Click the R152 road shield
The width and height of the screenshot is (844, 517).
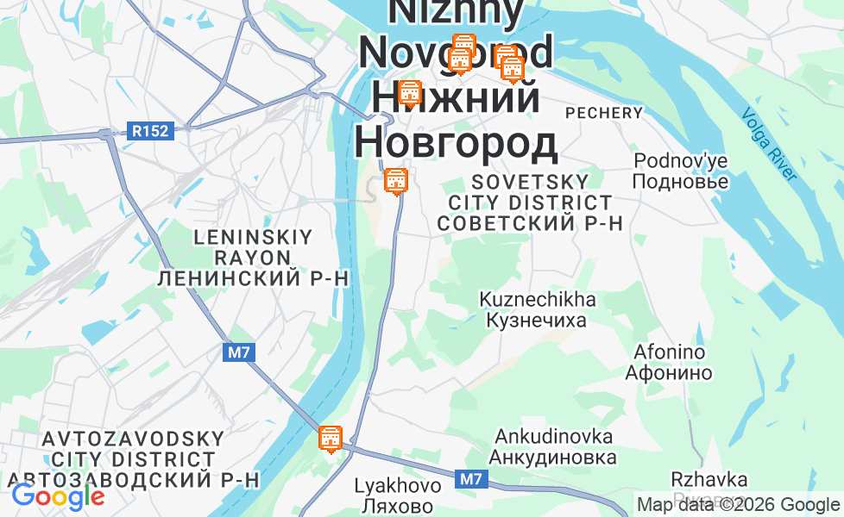click(x=152, y=132)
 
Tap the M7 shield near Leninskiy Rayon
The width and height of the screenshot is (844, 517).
click(x=238, y=352)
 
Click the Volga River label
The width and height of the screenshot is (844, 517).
click(x=769, y=144)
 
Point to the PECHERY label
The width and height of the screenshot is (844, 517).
click(x=604, y=113)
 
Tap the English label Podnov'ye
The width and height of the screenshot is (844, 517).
click(x=681, y=161)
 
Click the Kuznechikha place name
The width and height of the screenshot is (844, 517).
click(x=538, y=300)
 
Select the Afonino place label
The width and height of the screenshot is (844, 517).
click(x=669, y=352)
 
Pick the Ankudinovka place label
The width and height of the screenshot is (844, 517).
click(x=554, y=436)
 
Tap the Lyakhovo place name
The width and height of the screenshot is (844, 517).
click(x=398, y=486)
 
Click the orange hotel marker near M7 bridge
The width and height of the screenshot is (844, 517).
click(x=330, y=439)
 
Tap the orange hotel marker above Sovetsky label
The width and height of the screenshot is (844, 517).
click(x=395, y=182)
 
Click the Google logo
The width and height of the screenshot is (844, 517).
click(x=58, y=496)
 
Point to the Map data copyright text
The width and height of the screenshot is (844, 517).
click(x=737, y=505)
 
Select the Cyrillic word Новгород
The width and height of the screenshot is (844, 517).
click(x=456, y=142)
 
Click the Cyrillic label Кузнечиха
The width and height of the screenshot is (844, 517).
click(x=536, y=321)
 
